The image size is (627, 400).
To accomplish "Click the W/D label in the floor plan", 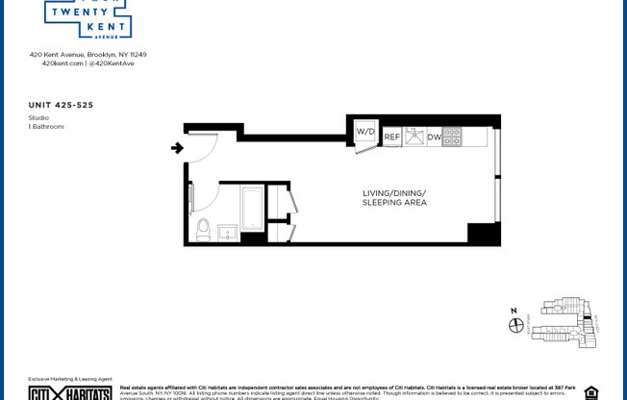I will pos(364,131).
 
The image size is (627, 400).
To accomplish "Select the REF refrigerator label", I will pos(392,137).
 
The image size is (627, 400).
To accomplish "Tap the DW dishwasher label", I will pos(434,137).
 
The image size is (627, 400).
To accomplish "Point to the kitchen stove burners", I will pos(452,137).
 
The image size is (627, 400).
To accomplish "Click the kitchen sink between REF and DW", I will pos(414,137).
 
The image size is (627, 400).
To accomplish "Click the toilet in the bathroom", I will pos(203,229).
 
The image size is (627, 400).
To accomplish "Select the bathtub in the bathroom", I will pos(252,209).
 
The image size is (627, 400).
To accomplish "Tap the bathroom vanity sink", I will pos(228,233).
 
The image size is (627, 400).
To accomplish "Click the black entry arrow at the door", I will pos(177,148).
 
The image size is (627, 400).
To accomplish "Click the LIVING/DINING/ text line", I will pos(393,193).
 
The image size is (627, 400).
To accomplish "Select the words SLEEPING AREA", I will pos(393,203).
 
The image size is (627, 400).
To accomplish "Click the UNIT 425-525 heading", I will pos(62,105).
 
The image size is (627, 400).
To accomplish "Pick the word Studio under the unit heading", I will pos(38,117).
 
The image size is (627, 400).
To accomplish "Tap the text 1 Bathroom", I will pos(45,126).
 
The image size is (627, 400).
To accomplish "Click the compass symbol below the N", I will pos(515,325).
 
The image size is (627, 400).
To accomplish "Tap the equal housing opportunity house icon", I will pos(590,392).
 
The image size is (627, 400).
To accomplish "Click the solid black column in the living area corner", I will pos(483,233).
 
